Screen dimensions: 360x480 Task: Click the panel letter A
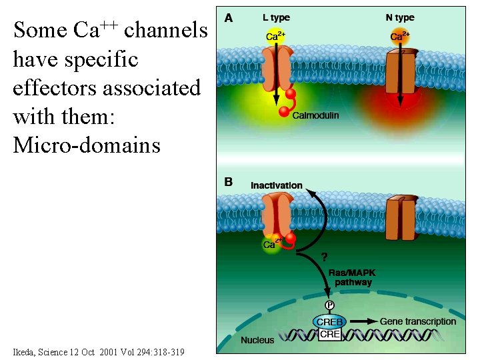point(229,18)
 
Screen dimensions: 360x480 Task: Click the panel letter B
point(228,182)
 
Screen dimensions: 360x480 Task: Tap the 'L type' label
point(276,17)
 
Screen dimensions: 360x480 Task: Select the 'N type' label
point(400,17)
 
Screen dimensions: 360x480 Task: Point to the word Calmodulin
point(316,115)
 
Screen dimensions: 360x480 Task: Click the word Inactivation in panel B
point(276,185)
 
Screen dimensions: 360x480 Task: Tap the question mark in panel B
point(325,256)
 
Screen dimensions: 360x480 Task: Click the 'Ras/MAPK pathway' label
point(351,277)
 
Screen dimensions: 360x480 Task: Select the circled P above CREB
point(329,305)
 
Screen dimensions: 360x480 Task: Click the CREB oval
point(329,322)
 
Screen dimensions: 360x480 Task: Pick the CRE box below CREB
point(330,334)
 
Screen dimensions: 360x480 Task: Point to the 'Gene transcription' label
point(418,321)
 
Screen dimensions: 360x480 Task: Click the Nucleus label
point(257,340)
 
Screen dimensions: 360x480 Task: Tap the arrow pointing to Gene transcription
point(363,322)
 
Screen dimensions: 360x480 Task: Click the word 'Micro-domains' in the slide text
point(87,145)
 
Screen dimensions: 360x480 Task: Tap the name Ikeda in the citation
point(26,352)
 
